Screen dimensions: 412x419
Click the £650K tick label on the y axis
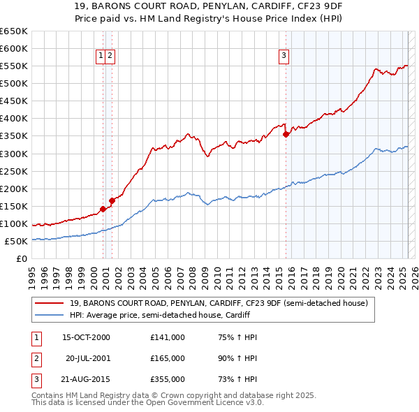[14, 31]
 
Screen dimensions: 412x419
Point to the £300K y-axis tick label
[14, 154]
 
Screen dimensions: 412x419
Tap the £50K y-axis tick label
[16, 241]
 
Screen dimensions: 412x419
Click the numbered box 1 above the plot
[101, 57]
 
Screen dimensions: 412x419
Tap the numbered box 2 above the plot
[110, 57]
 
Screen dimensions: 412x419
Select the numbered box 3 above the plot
[284, 57]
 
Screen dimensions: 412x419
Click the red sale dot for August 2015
[286, 135]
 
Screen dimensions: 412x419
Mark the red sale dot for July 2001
[112, 201]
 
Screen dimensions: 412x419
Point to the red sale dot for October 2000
[103, 209]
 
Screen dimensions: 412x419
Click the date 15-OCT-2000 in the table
[86, 337]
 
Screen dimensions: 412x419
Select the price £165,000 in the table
[167, 358]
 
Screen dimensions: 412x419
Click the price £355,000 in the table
[167, 379]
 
